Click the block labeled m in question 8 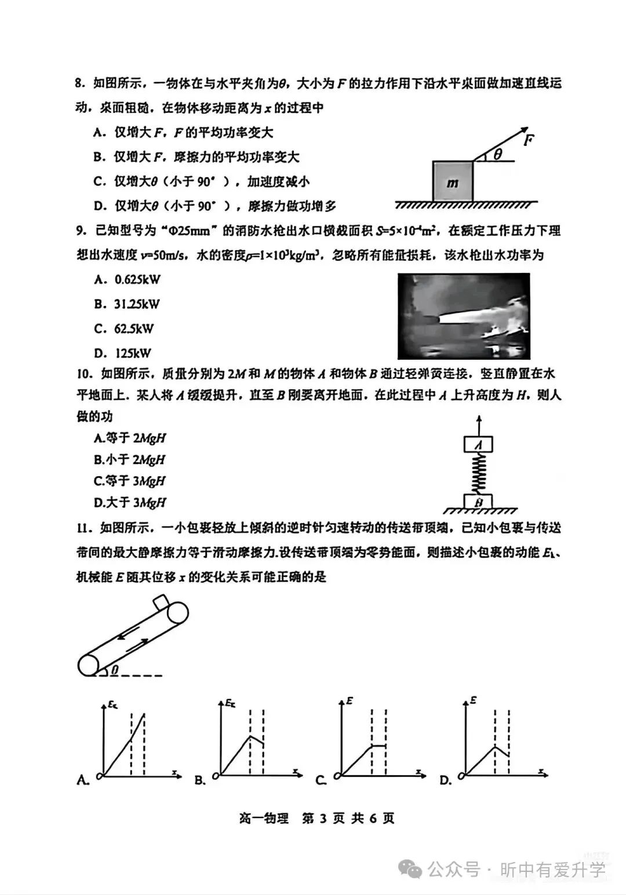click(453, 182)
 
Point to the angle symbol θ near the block click(497, 155)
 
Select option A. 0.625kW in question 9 click(127, 280)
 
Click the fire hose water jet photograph click(464, 316)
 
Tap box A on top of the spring click(478, 445)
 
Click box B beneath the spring click(478, 502)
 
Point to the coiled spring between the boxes click(478, 473)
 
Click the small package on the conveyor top click(162, 601)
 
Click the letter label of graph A click(83, 780)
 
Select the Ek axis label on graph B click(230, 703)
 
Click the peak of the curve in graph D click(496, 747)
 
